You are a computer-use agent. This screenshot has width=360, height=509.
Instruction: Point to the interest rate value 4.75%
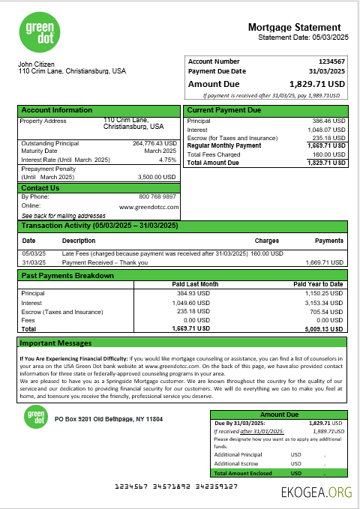point(167,160)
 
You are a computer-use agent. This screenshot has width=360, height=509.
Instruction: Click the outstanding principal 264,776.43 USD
point(154,143)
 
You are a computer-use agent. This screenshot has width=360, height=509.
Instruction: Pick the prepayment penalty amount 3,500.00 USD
point(157,177)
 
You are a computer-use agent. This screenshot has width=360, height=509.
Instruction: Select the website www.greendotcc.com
point(148,206)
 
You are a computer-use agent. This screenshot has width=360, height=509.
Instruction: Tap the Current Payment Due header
point(223,110)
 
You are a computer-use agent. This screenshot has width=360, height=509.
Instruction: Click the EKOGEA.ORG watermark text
point(316,493)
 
